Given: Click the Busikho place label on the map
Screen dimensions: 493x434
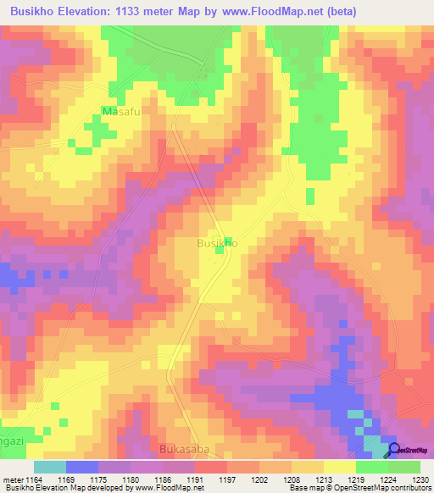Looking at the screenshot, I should (x=217, y=243).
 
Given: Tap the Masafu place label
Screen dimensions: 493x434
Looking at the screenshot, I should (x=120, y=111).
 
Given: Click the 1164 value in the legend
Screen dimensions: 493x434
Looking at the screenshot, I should (x=34, y=479).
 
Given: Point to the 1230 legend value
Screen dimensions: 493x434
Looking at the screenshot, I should (x=420, y=479).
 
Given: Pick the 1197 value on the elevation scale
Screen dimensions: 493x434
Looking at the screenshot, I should (x=227, y=479).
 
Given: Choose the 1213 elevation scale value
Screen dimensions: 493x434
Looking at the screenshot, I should (x=324, y=479).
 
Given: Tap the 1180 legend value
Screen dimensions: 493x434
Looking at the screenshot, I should (x=131, y=479).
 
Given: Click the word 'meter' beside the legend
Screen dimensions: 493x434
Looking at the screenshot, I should (x=12, y=479).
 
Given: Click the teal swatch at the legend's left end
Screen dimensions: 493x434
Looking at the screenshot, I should (x=50, y=467).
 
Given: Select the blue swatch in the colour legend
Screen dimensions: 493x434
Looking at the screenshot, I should (x=82, y=467).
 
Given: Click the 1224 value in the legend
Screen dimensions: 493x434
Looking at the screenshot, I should (x=388, y=479).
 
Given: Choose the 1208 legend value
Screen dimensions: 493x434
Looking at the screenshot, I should (x=292, y=479).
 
